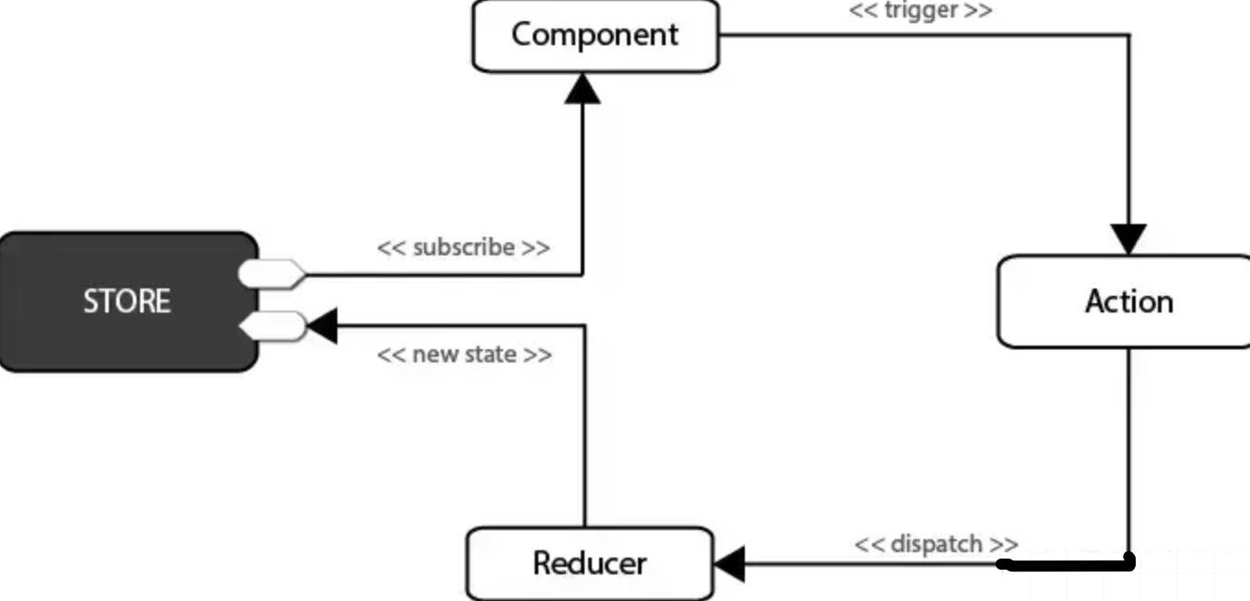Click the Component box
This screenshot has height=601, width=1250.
point(596,36)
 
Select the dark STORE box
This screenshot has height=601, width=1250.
point(128,301)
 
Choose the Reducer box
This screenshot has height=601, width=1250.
point(589,563)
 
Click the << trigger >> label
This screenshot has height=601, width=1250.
point(920,12)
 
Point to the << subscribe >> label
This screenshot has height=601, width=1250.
point(464,248)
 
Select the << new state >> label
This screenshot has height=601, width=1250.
point(464,355)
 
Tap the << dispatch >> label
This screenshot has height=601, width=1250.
point(936,544)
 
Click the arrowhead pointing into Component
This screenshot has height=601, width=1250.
point(583,88)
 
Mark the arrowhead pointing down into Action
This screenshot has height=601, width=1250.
point(1129,239)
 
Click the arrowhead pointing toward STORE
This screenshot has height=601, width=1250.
point(322,325)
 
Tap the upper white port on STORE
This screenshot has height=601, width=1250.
point(271,274)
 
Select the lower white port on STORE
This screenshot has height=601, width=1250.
point(271,325)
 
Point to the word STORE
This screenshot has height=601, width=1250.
point(127,301)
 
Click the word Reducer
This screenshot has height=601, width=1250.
point(589,563)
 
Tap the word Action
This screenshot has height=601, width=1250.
point(1128,301)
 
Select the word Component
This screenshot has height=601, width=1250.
point(596,35)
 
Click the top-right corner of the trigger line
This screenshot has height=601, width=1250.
point(1129,36)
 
